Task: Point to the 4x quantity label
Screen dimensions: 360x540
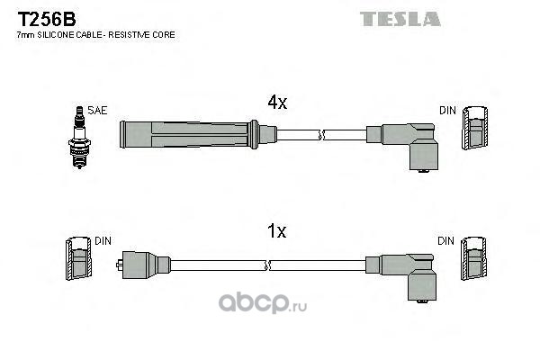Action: [x=276, y=103]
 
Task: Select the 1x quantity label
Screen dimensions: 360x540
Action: [x=276, y=231]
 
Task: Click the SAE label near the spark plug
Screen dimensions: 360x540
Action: [x=98, y=110]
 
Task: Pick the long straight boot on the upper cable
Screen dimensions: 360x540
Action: [x=189, y=135]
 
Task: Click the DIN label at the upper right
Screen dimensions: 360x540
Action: [x=447, y=111]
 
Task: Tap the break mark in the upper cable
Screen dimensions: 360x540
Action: [x=321, y=135]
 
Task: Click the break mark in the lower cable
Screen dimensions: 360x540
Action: [x=270, y=265]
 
